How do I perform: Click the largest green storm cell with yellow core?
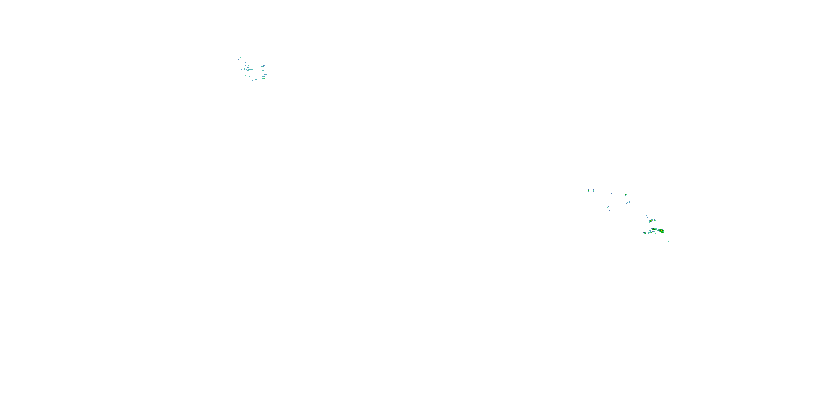[661, 231]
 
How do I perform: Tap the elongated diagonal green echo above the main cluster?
[652, 221]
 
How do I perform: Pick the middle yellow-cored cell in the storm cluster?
[654, 230]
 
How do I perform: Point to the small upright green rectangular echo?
[611, 194]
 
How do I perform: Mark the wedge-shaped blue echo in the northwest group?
[263, 66]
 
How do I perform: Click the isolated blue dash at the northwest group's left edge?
[236, 70]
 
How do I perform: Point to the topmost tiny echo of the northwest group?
[242, 54]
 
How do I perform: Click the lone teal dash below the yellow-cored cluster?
[668, 241]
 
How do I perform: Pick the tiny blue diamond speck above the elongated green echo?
[647, 216]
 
